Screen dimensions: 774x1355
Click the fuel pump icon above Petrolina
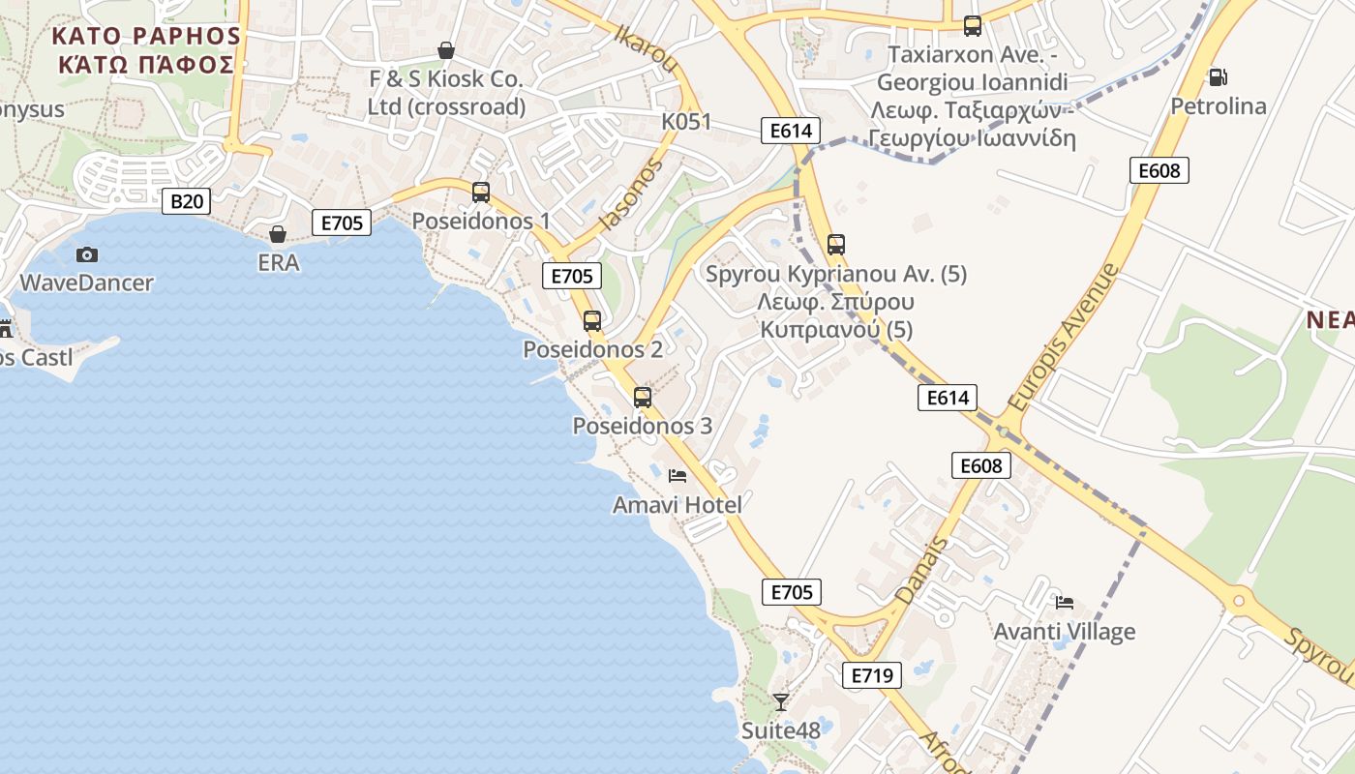1218,77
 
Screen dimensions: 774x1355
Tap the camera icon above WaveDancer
87,254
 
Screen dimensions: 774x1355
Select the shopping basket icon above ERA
278,234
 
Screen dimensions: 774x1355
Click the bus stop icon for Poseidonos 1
481,193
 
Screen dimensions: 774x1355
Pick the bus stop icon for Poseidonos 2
592,321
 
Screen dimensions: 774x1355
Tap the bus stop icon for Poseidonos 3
643,397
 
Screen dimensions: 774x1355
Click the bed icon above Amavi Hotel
677,476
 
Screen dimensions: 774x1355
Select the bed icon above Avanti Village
1065,603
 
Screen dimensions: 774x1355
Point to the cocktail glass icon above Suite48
781,701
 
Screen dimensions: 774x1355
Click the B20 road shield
186,201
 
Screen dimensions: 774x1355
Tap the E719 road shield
871,675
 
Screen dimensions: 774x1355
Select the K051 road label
686,122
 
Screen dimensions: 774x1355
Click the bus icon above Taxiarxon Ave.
973,26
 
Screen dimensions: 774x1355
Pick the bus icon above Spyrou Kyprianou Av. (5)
836,245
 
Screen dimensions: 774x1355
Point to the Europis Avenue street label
1063,337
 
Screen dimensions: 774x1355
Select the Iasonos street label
631,194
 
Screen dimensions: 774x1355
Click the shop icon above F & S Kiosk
446,49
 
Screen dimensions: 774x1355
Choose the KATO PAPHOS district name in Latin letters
146,36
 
